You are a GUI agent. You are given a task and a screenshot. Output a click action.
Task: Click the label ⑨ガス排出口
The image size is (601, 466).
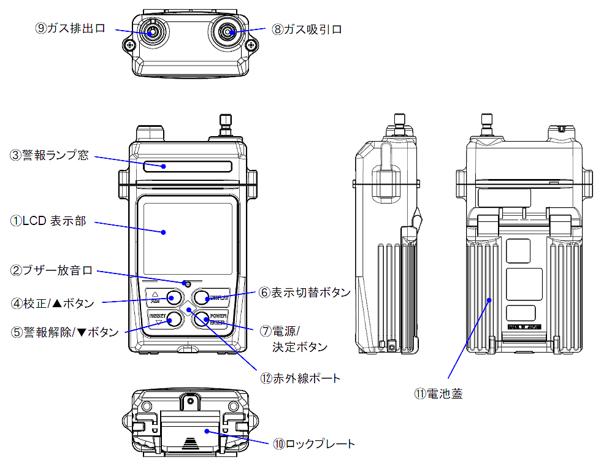click(71, 29)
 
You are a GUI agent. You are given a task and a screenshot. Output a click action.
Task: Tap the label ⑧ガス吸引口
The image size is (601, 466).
click(306, 29)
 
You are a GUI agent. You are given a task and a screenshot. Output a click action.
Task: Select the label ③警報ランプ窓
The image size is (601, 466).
click(50, 155)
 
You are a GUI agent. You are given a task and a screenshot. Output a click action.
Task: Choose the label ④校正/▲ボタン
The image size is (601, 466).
click(52, 302)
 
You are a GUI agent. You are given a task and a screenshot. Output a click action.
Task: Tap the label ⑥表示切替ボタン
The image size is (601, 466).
click(304, 292)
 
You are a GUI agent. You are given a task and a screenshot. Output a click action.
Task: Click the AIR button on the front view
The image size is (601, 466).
click(174, 298)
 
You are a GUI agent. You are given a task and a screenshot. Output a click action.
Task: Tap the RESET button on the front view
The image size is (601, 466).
click(174, 319)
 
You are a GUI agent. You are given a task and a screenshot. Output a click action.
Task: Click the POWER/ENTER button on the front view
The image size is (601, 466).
click(202, 319)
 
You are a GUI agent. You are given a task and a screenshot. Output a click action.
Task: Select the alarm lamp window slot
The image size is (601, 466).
click(188, 166)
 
